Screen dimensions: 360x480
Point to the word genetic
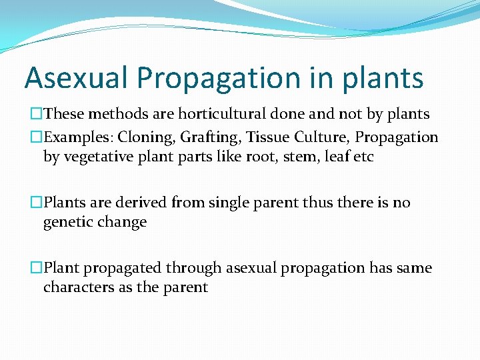(67, 223)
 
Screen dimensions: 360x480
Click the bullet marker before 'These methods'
(37, 115)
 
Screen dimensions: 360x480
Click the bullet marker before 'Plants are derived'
(37, 203)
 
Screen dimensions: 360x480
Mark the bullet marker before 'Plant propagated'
(37, 268)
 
